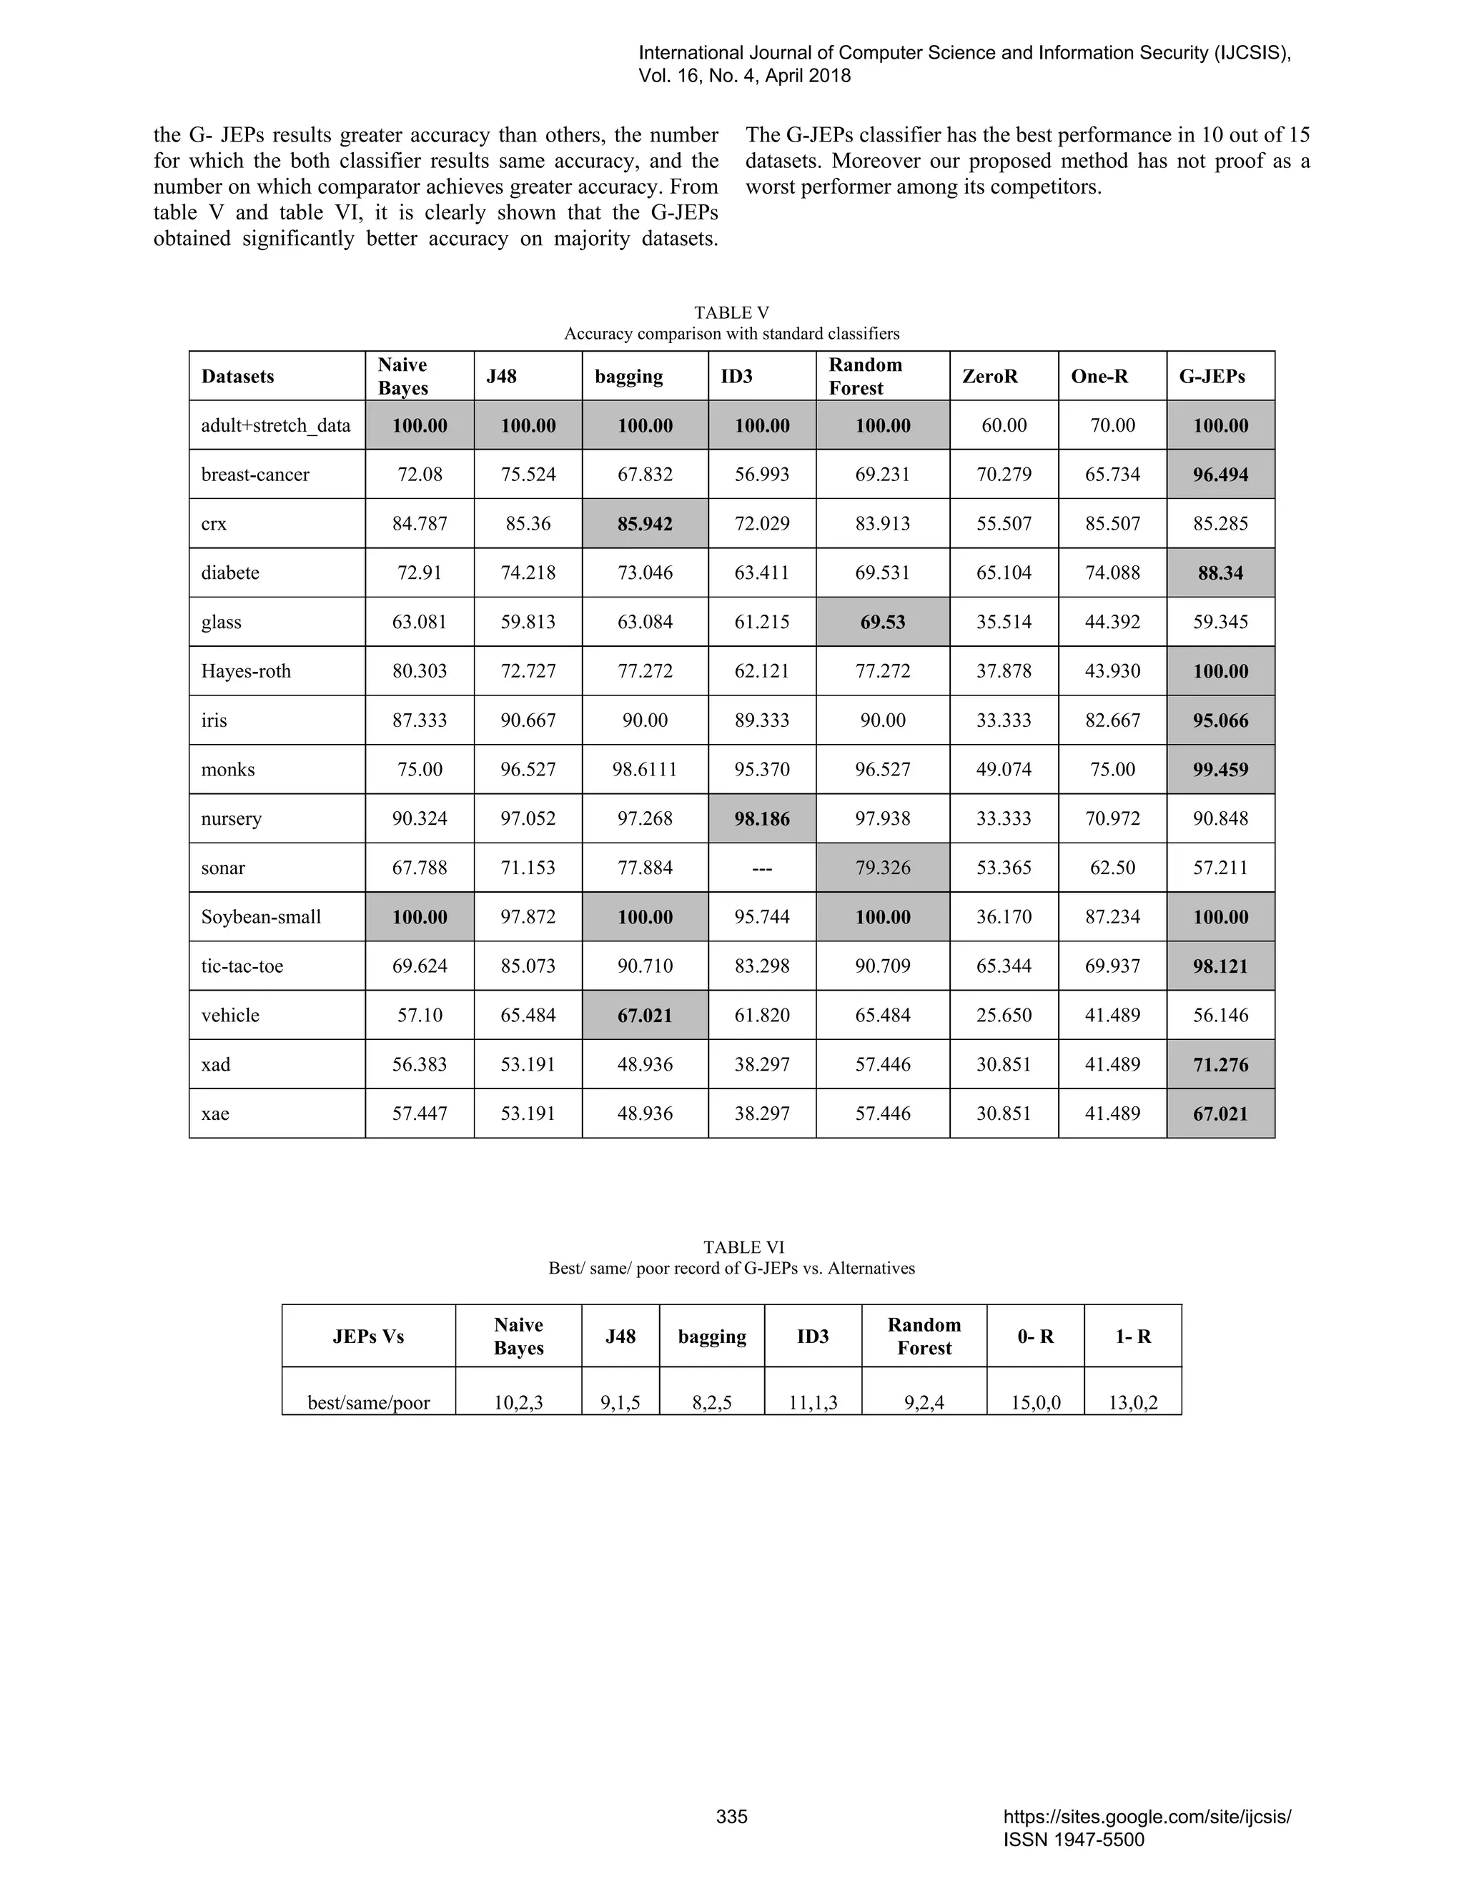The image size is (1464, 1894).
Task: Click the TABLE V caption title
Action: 731,312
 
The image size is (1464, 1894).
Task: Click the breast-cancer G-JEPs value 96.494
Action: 1220,475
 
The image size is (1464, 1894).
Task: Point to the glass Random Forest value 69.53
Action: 882,622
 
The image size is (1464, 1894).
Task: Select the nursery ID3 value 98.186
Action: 761,818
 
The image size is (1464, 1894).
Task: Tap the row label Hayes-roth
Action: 247,671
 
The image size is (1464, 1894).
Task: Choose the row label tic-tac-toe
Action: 242,966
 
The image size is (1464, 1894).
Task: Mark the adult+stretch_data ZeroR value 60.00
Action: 1004,425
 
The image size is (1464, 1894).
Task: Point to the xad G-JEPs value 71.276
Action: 1220,1064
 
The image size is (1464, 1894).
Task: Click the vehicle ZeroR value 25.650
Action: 1004,1016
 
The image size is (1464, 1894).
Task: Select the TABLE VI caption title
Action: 743,1247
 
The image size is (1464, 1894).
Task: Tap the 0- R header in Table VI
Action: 1036,1337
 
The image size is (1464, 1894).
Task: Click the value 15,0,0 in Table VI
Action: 1036,1402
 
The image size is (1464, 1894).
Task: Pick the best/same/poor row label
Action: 369,1402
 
